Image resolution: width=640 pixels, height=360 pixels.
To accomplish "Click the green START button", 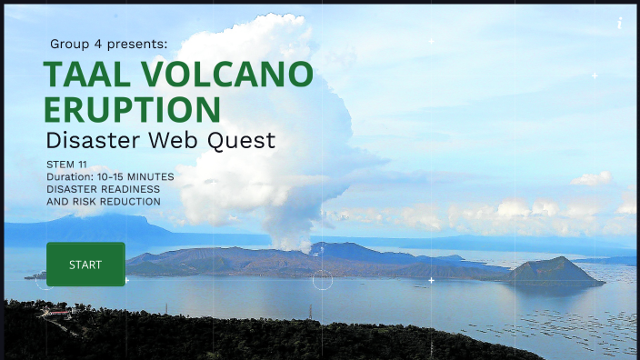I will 85,265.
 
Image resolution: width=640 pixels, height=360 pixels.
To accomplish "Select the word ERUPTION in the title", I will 132,109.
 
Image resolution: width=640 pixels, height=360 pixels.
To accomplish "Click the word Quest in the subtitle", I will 243,141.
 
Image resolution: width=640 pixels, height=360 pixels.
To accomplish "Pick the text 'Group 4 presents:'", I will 108,44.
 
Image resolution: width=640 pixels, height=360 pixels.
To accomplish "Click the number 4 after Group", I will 95,44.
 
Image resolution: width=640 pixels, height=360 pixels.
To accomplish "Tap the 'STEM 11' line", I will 66,164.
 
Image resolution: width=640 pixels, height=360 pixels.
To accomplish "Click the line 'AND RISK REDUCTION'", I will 103,202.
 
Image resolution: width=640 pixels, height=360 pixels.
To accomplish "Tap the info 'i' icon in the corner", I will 619,23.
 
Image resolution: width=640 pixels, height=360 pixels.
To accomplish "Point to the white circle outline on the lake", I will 323,281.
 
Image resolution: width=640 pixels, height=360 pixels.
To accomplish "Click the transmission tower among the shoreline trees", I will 311,312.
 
